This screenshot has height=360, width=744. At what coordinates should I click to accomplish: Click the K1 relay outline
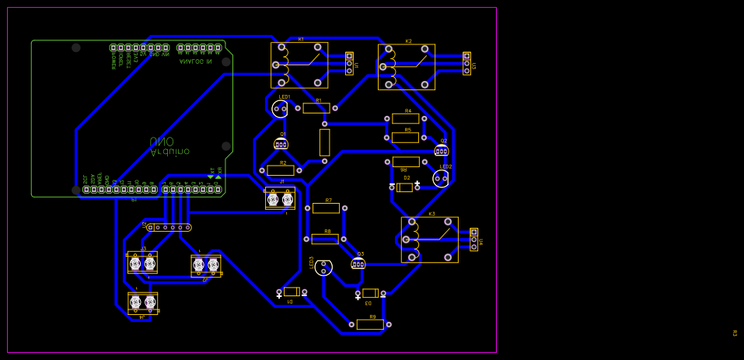pos(299,65)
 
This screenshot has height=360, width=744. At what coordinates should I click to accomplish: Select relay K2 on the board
pos(406,67)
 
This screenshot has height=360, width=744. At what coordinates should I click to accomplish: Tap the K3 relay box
pos(429,239)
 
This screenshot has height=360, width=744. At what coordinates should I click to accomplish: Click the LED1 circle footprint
pos(280,109)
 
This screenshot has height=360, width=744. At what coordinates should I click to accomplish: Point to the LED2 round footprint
pos(441,179)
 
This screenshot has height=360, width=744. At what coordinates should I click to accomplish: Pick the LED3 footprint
pos(323,267)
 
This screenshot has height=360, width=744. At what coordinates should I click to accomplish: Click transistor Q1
pos(281,144)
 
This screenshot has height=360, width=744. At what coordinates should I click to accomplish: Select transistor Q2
pos(442,150)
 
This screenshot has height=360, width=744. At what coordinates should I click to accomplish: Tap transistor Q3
pos(358,264)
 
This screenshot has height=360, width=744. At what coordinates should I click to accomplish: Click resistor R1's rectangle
pos(316,108)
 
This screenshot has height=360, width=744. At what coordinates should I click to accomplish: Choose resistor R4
pos(405,118)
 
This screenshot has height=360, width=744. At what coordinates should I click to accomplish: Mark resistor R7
pos(326,208)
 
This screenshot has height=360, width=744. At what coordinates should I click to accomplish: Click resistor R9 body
pos(370,324)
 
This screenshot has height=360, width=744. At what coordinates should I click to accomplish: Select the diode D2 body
pos(404,187)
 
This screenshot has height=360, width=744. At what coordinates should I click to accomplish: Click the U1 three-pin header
pos(349,64)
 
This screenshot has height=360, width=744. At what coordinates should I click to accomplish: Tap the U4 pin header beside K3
pos(473,239)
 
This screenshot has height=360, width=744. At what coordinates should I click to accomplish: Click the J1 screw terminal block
pos(280,199)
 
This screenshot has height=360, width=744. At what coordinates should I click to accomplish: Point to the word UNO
pos(162,142)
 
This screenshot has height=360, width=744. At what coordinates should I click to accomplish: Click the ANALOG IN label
pos(195,61)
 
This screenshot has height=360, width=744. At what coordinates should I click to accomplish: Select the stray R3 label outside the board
pos(735,333)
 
